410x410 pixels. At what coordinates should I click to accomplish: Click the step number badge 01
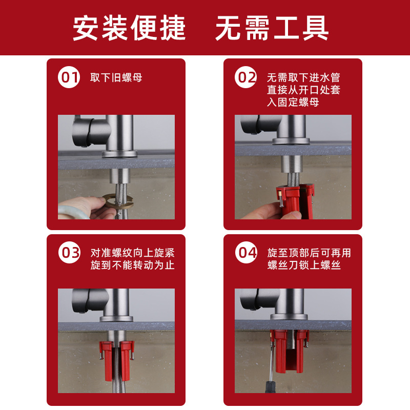pos(69,77)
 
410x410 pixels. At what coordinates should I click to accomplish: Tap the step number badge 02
pos(246,77)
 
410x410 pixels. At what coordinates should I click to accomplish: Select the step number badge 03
pos(69,252)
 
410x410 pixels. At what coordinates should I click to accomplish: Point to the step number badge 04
pos(246,252)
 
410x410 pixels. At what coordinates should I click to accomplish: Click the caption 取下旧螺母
pos(116,78)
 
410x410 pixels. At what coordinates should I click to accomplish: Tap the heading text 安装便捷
pos(129,28)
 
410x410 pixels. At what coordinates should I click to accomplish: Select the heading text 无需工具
pos(272,28)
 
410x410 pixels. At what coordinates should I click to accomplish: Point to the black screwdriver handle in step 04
pos(270,387)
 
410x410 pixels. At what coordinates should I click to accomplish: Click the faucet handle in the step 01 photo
pos(83,132)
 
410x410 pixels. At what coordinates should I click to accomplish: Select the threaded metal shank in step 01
pos(119,176)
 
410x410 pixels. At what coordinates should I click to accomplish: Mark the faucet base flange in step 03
pos(116,318)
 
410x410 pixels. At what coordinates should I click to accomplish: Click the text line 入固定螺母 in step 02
pos(293,102)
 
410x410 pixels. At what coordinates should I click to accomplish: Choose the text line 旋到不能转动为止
pos(132,265)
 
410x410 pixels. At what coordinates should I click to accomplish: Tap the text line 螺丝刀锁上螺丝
pos(304,265)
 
